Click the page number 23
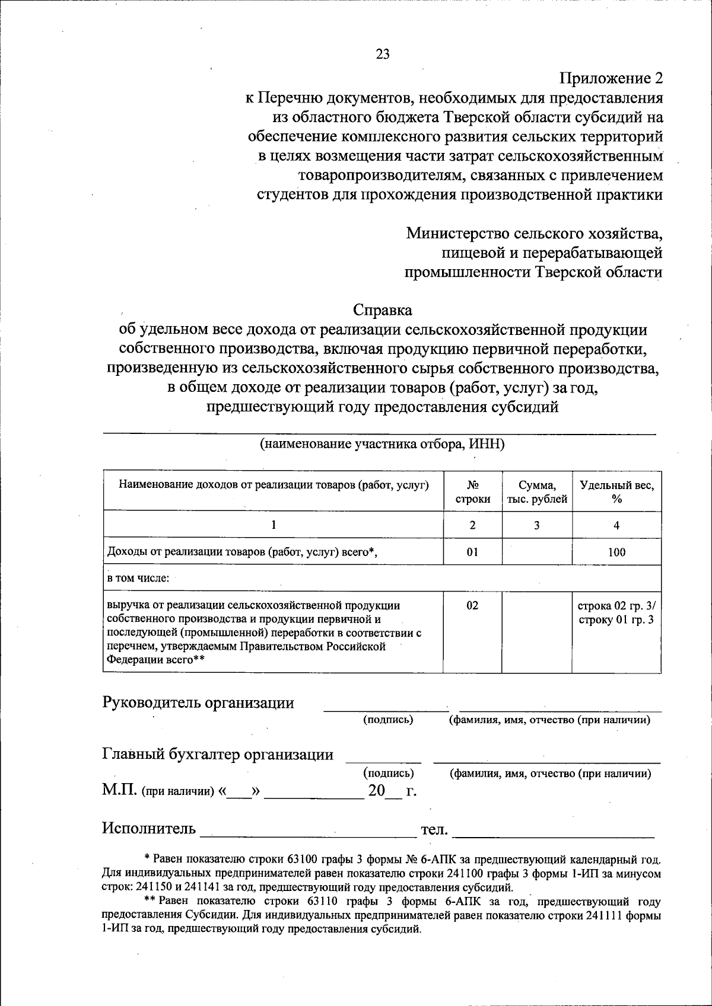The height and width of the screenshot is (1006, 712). pyautogui.click(x=383, y=54)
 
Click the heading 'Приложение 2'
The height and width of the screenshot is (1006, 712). pyautogui.click(x=611, y=78)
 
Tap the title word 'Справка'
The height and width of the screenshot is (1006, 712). pyautogui.click(x=383, y=310)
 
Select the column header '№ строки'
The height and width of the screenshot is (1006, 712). pyautogui.click(x=472, y=492)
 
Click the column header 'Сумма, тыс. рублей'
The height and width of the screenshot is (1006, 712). pyautogui.click(x=537, y=492)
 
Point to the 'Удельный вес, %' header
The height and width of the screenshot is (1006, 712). pyautogui.click(x=616, y=492)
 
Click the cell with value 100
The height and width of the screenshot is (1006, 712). pyautogui.click(x=616, y=552)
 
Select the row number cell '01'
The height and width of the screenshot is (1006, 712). pyautogui.click(x=472, y=552)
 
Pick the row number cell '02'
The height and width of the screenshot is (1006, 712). pyautogui.click(x=472, y=606)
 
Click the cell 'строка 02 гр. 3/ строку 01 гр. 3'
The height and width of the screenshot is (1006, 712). pyautogui.click(x=616, y=613)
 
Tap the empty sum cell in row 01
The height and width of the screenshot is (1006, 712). pyautogui.click(x=537, y=552)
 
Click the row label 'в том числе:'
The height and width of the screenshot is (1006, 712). pyautogui.click(x=138, y=579)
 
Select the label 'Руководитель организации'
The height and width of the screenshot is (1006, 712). pyautogui.click(x=198, y=703)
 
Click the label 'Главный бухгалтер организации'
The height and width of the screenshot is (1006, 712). pyautogui.click(x=218, y=755)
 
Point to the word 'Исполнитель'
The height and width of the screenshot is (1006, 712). pyautogui.click(x=149, y=828)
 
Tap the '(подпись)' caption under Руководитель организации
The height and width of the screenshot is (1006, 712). pyautogui.click(x=388, y=720)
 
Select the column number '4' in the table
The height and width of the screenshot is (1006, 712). pyautogui.click(x=616, y=525)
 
